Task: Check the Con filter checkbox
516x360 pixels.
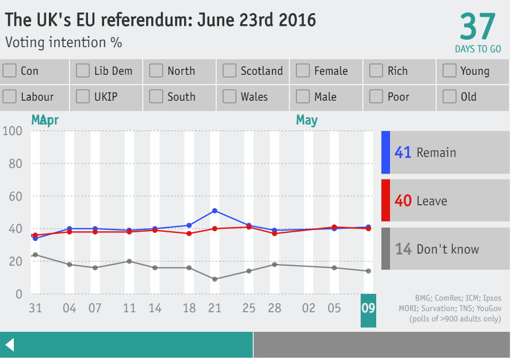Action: pos(9,71)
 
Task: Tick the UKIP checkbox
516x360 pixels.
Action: pos(83,97)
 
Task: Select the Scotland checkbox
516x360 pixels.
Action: pos(230,71)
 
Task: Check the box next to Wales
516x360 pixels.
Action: pos(230,97)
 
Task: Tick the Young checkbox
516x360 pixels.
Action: pos(449,71)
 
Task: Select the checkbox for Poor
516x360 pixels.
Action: pos(376,97)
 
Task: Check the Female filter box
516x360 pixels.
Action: pos(303,71)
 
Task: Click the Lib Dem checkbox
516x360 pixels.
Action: pos(83,71)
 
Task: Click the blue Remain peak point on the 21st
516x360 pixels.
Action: pos(215,210)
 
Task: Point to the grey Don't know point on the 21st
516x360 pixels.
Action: pos(215,279)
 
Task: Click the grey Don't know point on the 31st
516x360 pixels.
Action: pos(35,255)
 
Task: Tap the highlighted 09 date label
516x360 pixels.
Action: pos(368,309)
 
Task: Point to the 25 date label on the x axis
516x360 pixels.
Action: pos(249,309)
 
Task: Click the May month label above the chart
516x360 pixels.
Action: pos(307,120)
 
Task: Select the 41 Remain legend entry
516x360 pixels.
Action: pos(445,152)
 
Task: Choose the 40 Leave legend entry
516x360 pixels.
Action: pos(445,201)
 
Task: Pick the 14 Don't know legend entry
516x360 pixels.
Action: pos(445,249)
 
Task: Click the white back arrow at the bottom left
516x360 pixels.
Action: pos(9,345)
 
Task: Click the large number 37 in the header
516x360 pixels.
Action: pos(477,27)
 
